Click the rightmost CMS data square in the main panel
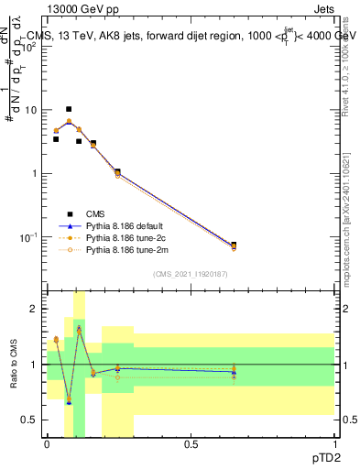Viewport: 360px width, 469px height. point(234,245)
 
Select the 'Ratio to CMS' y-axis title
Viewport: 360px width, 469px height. point(14,365)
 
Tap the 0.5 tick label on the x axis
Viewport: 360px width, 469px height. point(191,442)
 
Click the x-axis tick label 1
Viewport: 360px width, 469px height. point(334,442)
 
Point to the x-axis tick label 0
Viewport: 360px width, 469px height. point(47,442)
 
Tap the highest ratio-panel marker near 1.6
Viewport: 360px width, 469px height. point(79,328)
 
